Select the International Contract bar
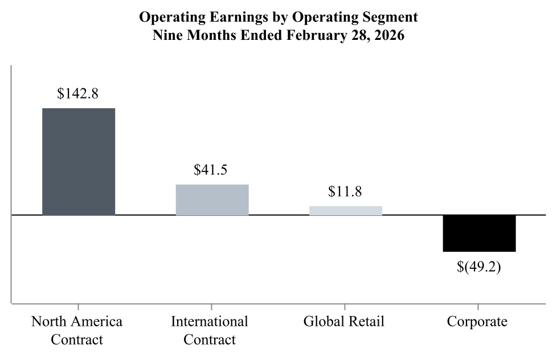point(212,200)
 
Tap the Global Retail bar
point(345,210)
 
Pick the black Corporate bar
point(479,233)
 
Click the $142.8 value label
point(78,94)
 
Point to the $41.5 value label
point(211,170)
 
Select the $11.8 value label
point(345,191)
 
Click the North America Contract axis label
point(77,330)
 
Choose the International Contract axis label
point(210,330)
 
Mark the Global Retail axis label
point(344,321)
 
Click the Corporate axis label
point(477,321)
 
